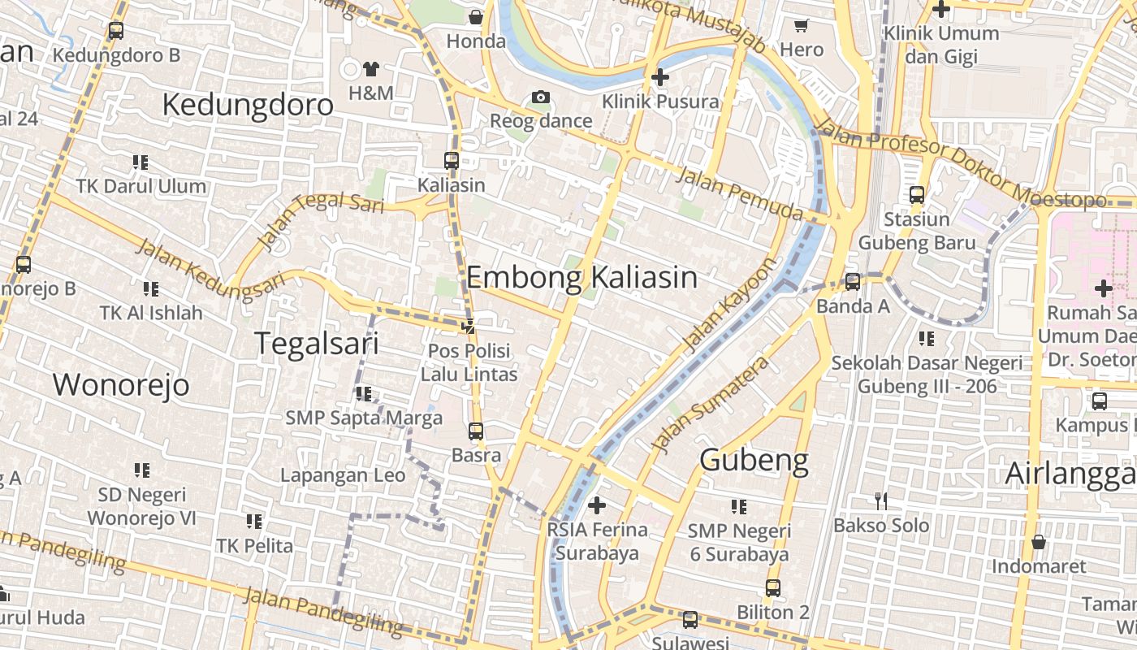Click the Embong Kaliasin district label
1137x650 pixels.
click(581, 278)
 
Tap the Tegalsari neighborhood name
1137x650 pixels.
click(317, 343)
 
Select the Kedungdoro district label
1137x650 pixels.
click(248, 105)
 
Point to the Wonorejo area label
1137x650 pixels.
click(121, 384)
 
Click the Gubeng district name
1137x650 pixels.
click(754, 460)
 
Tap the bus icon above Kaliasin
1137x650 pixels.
click(452, 161)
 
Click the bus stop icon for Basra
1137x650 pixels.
click(476, 431)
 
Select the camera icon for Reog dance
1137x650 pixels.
click(541, 97)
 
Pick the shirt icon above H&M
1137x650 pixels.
click(371, 68)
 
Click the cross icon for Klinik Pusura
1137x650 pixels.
click(660, 77)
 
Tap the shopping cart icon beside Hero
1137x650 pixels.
click(802, 25)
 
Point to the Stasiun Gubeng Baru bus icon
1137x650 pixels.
click(917, 195)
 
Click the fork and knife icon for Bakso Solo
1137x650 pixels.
click(881, 501)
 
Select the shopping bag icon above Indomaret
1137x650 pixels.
click(1038, 542)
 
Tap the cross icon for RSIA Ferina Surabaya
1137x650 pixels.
click(597, 505)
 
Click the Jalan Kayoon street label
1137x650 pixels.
click(730, 305)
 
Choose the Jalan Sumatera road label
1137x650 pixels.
click(711, 404)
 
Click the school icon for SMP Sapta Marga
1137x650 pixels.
click(363, 394)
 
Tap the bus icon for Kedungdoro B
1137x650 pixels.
click(116, 31)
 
